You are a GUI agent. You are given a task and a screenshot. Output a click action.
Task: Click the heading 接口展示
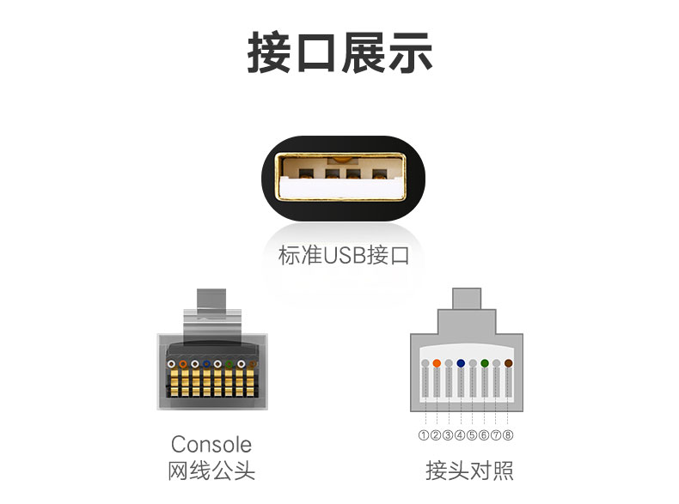pos(339,53)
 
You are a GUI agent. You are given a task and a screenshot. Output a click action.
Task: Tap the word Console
pos(211,444)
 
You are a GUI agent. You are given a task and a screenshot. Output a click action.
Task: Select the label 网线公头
pos(211,471)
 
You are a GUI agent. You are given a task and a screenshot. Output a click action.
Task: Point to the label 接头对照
pos(469,471)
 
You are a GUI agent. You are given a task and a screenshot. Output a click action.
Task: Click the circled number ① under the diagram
pos(424,435)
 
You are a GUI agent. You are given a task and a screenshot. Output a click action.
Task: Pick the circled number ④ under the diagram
pos(460,435)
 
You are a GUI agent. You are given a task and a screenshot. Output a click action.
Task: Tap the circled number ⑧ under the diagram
pos(508,435)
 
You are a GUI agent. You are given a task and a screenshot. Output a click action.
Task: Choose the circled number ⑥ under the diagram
pos(484,435)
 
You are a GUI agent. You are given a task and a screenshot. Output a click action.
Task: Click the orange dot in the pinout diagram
pos(437,363)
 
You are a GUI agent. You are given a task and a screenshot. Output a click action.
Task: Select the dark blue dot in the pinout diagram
pos(461,363)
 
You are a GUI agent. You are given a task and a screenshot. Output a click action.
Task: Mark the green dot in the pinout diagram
pos(485,363)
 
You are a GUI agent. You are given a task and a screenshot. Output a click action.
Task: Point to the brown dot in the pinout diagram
pos(509,363)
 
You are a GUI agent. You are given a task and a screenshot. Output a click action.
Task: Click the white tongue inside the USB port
pos(339,186)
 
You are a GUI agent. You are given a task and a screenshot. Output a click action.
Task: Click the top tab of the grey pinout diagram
pos(467,297)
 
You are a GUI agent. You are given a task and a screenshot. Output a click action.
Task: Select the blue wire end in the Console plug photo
pos(206,364)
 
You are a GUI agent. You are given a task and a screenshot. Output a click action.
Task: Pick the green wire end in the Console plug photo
pos(229,364)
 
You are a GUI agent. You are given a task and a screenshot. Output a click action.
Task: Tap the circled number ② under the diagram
pos(436,435)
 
